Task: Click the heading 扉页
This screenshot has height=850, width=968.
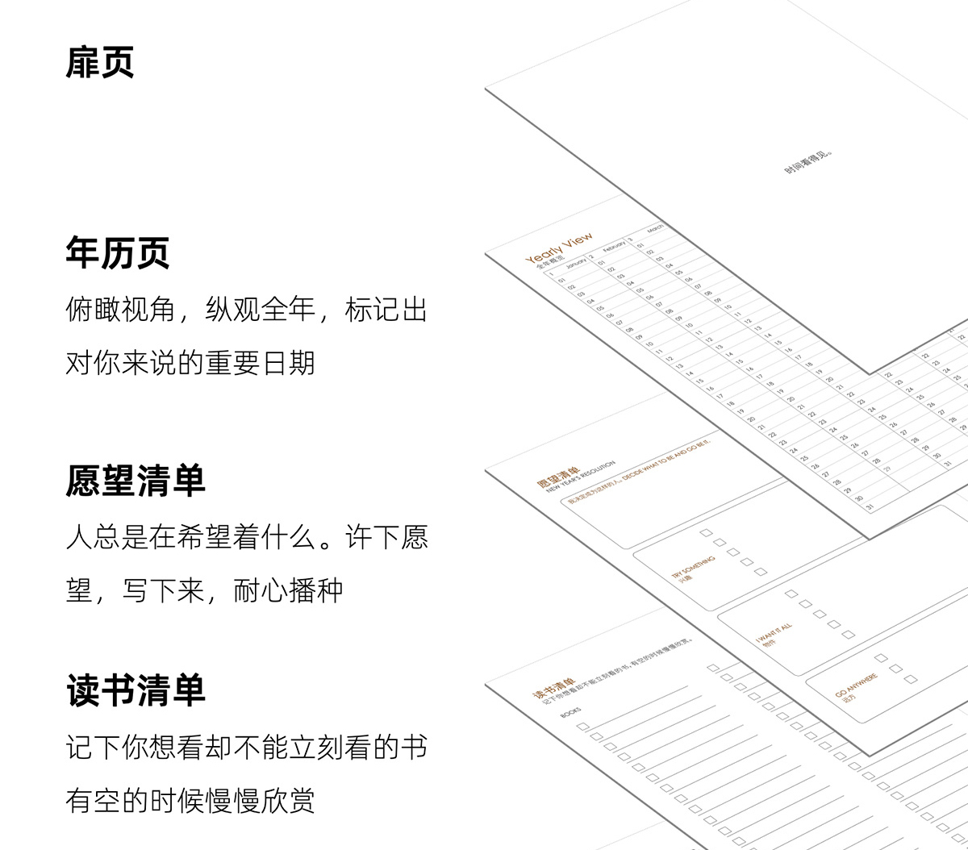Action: pos(100,63)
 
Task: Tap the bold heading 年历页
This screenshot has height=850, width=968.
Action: pos(118,253)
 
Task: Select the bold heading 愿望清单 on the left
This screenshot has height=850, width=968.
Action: pos(136,481)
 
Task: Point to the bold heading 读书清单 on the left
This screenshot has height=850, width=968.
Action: pos(136,691)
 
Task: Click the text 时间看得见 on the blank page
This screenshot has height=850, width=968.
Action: pos(807,160)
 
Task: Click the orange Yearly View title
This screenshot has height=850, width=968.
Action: pos(559,248)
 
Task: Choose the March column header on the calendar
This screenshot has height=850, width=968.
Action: pos(654,228)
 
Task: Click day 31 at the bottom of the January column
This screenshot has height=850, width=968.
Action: pos(869,506)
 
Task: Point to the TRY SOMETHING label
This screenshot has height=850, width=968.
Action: pos(693,568)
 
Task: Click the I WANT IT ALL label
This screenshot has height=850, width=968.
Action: pos(774,634)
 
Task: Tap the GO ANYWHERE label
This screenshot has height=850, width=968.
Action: pos(856,685)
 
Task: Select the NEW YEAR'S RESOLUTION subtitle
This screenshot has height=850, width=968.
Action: pos(581,476)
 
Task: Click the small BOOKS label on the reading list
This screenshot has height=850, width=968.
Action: pos(570,712)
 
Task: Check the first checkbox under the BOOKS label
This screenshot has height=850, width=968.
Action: pos(582,727)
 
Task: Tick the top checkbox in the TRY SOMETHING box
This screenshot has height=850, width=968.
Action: pos(706,533)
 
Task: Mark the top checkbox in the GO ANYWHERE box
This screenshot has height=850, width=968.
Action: pos(882,658)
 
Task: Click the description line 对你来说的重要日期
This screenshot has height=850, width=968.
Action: pos(190,363)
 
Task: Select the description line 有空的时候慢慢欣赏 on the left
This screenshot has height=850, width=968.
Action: pos(190,801)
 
